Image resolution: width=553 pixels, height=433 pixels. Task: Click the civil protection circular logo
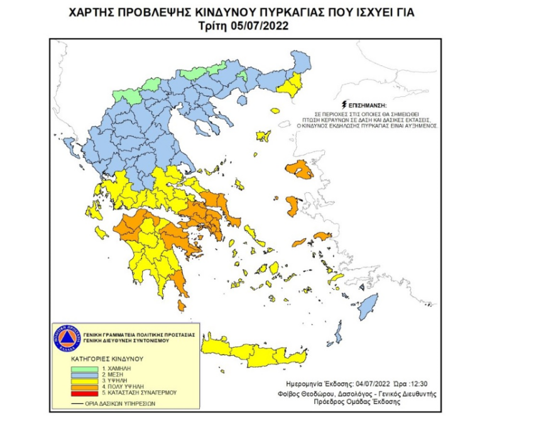66,337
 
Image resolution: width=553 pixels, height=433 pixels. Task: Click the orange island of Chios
293,206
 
